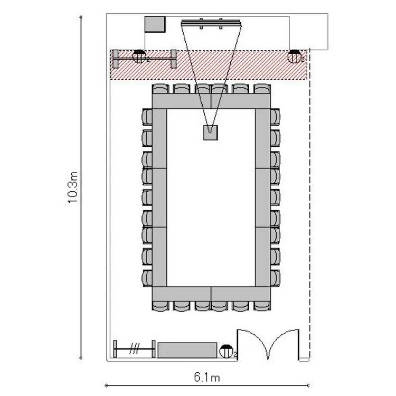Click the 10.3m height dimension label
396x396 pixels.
point(72,187)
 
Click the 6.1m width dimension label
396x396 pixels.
point(207,378)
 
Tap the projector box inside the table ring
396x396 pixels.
point(210,133)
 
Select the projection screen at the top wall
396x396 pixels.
point(211,23)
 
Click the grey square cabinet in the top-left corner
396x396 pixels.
point(155,24)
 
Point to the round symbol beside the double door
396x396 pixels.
point(227,351)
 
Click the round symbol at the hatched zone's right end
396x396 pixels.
point(295,56)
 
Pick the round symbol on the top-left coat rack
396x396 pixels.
point(139,56)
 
